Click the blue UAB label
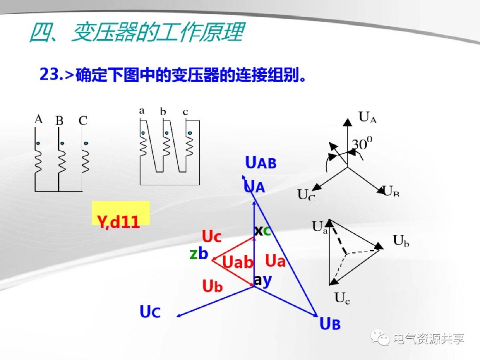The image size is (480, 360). click(261, 164)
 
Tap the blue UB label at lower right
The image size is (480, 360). click(330, 324)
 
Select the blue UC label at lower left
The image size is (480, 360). click(150, 312)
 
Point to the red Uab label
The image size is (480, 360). click(237, 263)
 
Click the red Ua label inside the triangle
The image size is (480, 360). click(275, 261)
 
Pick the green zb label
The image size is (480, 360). click(199, 254)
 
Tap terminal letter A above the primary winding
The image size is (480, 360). click(39, 119)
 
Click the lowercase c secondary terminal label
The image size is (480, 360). click(185, 112)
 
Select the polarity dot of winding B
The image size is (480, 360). click(62, 143)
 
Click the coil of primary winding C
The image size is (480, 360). click(85, 161)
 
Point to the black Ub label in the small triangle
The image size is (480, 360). click(401, 241)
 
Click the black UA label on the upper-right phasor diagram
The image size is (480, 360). click(367, 117)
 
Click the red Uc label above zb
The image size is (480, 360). click(212, 237)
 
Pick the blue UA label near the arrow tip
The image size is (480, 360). click(254, 187)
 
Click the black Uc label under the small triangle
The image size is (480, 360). click(342, 299)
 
